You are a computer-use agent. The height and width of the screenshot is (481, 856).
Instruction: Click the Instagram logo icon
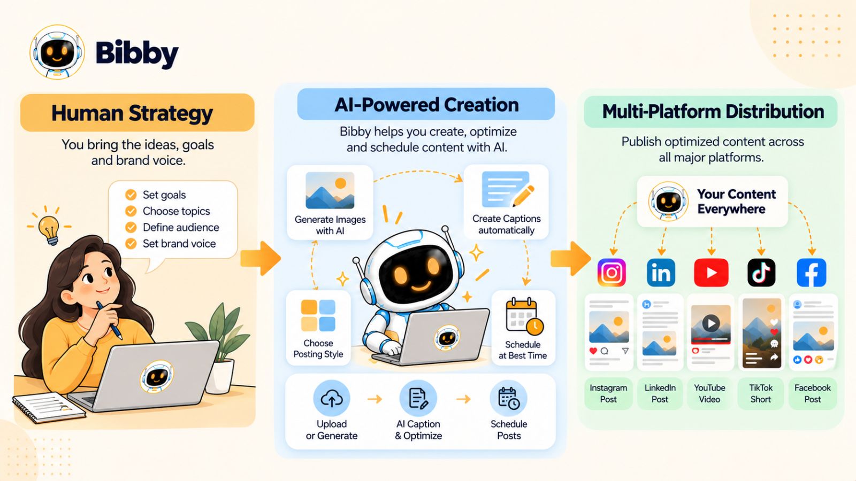[612, 273]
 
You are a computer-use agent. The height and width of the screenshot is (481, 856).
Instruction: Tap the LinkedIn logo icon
[661, 273]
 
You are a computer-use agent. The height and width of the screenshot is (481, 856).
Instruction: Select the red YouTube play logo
[711, 273]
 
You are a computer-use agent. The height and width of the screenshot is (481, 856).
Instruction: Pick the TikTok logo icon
[761, 273]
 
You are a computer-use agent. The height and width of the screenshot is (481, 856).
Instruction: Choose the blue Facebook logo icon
[811, 273]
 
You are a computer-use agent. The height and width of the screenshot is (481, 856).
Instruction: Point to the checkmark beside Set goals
[131, 195]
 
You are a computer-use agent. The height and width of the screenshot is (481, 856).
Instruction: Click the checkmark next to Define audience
[131, 227]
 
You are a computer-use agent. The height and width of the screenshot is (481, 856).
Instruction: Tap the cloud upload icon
[331, 399]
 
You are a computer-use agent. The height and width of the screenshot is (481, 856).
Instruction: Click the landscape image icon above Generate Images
[330, 190]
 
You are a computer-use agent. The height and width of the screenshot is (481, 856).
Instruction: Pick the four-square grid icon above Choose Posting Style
[318, 315]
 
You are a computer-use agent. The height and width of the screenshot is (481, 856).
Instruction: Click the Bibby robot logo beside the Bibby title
[57, 52]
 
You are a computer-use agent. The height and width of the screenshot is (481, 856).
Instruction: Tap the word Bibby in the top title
[137, 53]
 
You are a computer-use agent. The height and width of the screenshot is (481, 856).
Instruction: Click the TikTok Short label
[760, 393]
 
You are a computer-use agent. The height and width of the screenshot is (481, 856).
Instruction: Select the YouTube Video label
[709, 393]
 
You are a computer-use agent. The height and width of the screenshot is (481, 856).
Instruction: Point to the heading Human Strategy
[132, 113]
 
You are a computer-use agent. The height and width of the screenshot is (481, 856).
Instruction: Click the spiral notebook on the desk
[49, 408]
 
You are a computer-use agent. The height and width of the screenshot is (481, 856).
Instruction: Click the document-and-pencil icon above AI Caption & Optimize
[418, 399]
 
